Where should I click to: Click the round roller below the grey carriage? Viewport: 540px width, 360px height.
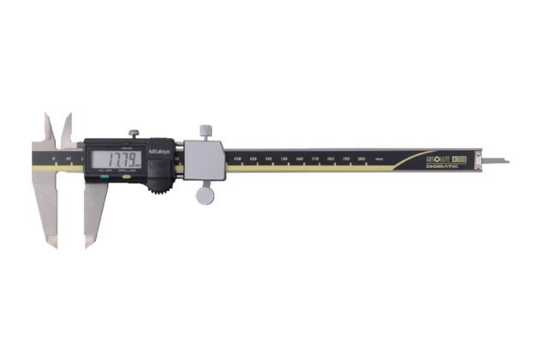[x=205, y=195]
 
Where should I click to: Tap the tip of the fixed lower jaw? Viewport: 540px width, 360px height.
[x=55, y=243]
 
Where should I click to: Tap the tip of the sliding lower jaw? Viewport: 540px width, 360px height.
[x=88, y=243]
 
